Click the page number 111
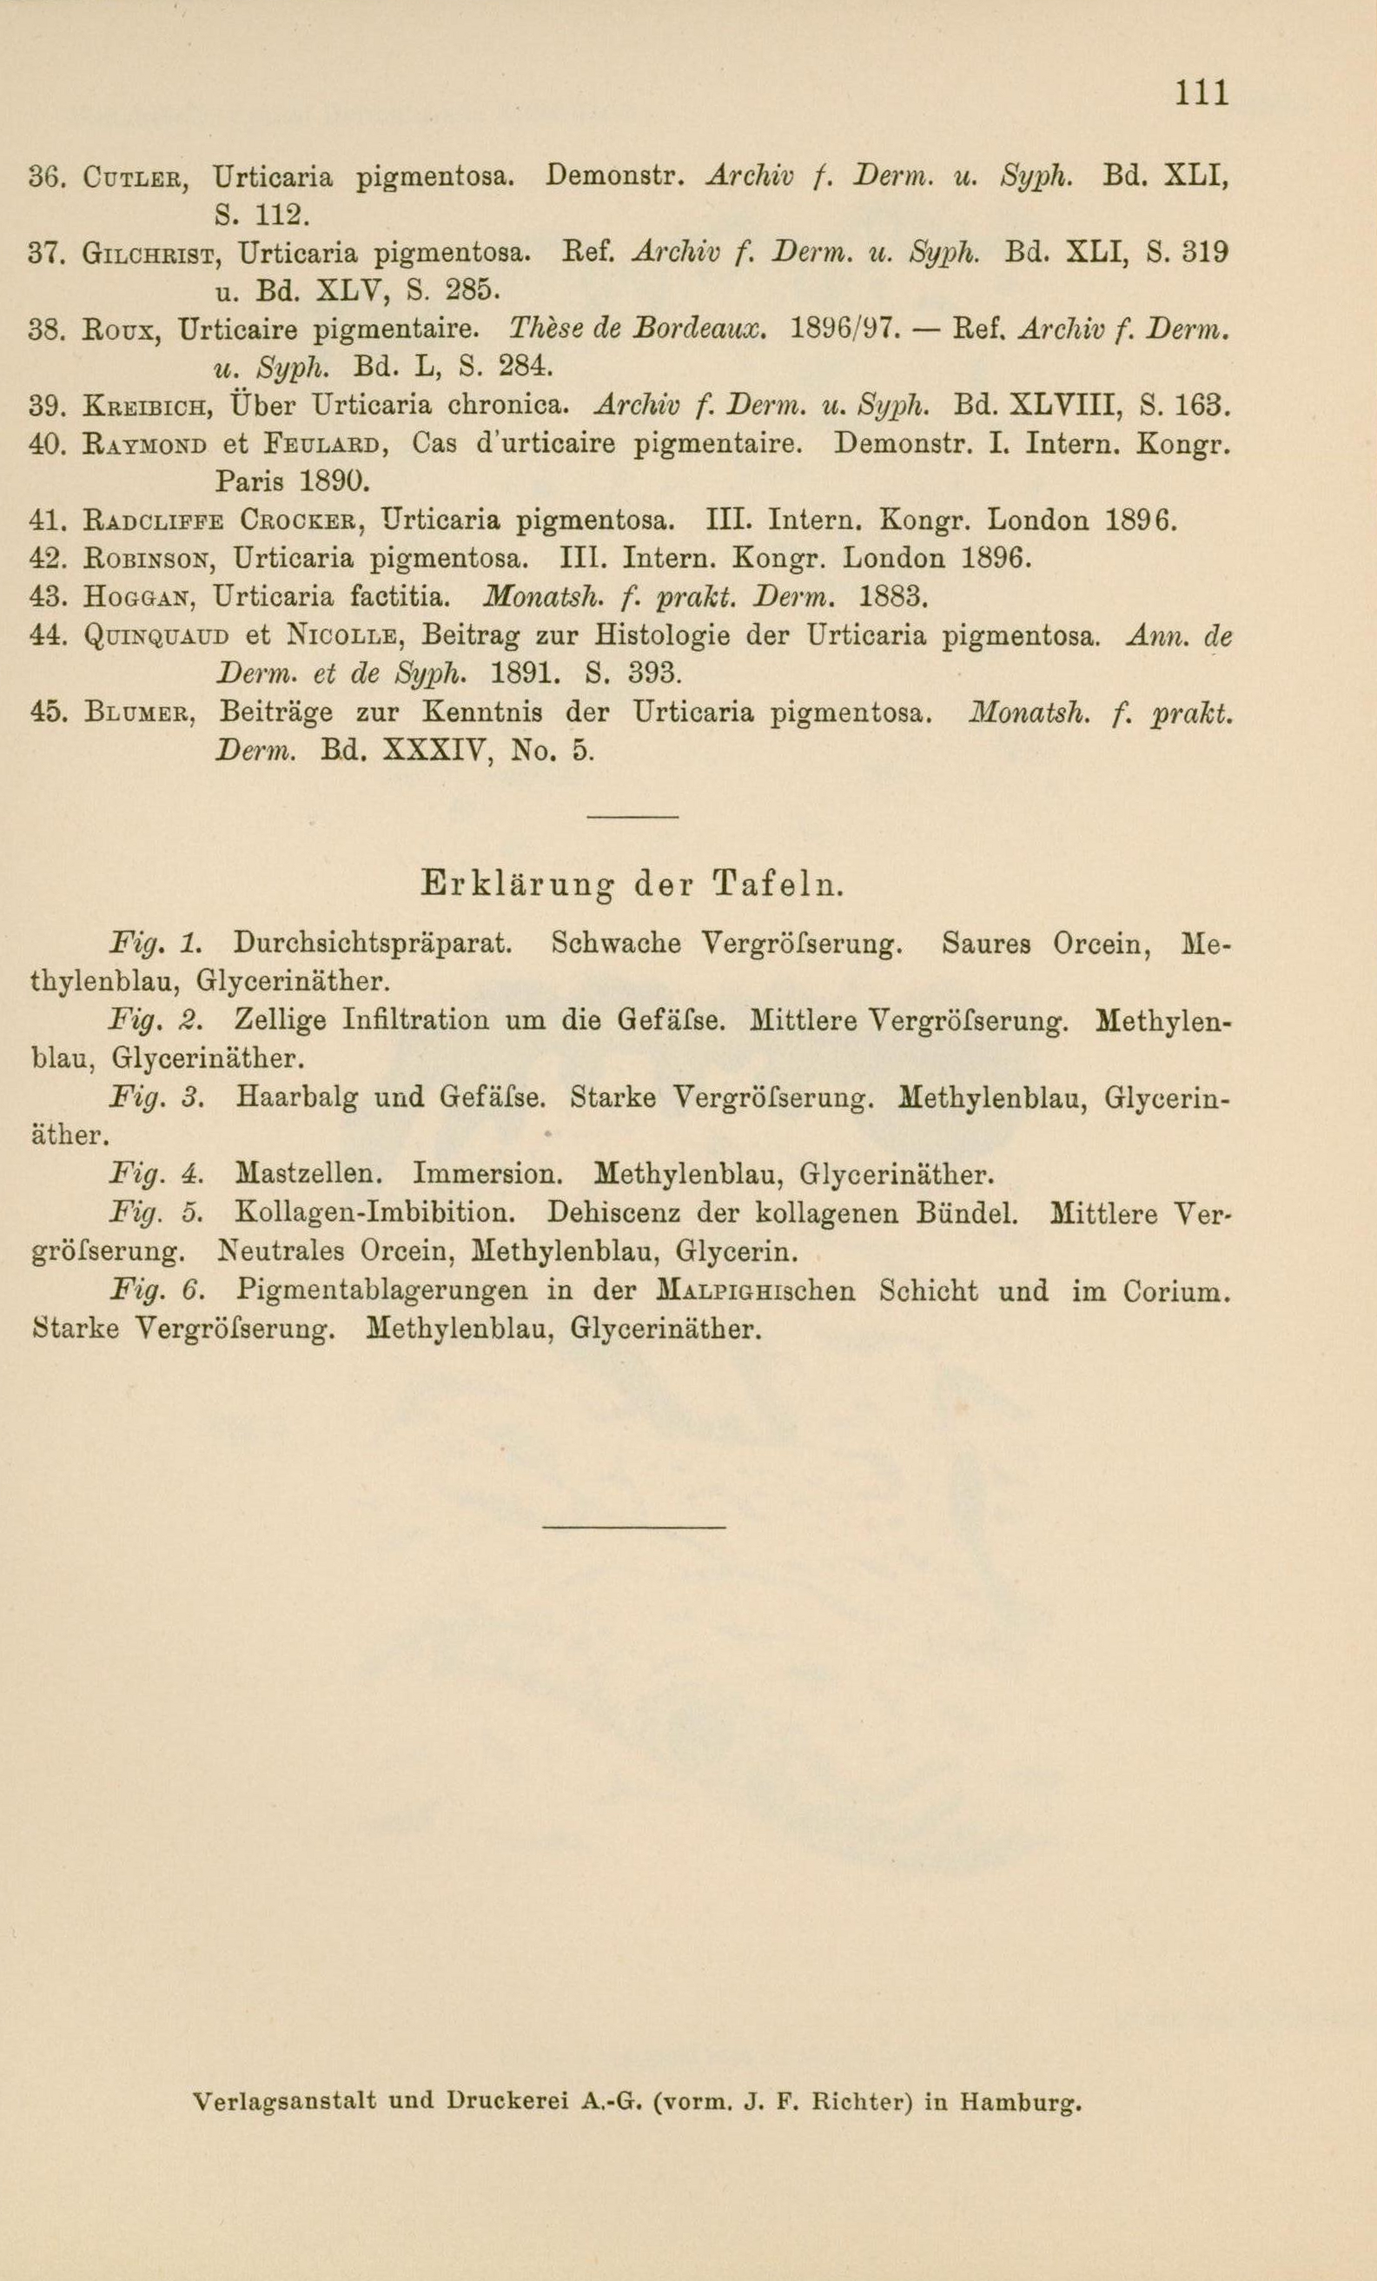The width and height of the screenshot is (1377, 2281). (1202, 93)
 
